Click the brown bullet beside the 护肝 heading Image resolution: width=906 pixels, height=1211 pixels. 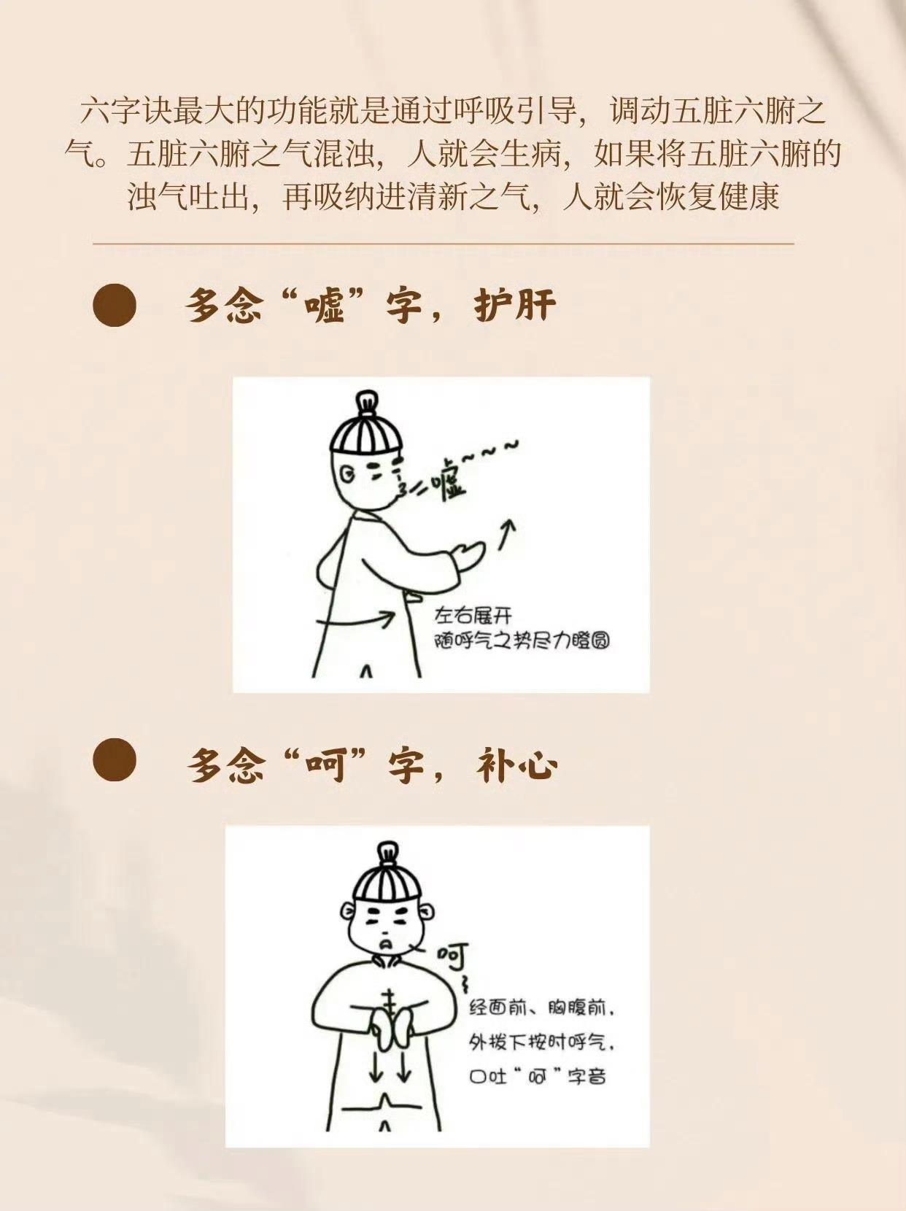pos(115,305)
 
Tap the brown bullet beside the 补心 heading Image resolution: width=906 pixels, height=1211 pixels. pos(115,760)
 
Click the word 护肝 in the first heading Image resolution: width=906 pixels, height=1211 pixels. pos(514,305)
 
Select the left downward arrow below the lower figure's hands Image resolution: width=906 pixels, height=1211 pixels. pos(376,1064)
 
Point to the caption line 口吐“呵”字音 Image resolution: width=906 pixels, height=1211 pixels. pos(538,1076)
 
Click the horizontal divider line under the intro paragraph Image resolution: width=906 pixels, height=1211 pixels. pos(444,243)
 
